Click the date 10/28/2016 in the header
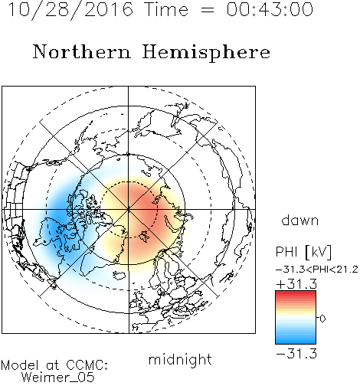coord(70,10)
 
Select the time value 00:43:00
coord(270,9)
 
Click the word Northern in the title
coord(82,51)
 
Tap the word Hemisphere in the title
coord(206,53)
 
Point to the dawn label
coord(300,220)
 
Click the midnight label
coord(180,359)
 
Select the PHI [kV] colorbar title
coord(303,252)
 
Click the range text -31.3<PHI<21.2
coord(317,270)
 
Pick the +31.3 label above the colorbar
coord(296,284)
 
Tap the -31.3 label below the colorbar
coord(296,354)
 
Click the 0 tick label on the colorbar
coord(322,319)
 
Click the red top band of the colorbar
coord(296,294)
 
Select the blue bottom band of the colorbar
coord(296,340)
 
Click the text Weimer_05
coord(57,378)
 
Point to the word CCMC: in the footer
coord(87,365)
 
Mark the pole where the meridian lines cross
coord(129,209)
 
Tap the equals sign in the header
coord(207,10)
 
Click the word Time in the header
coord(166,9)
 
